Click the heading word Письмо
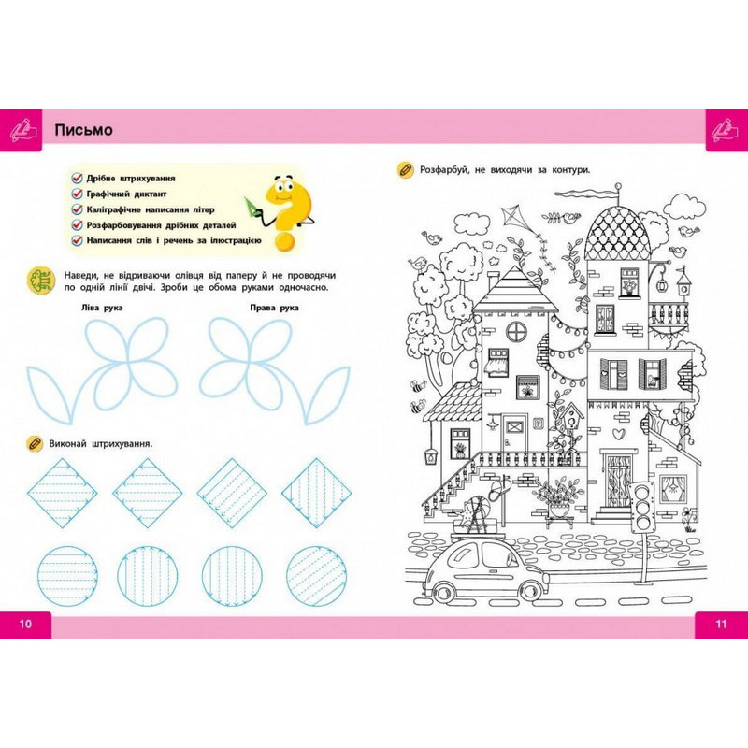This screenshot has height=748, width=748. click(x=83, y=130)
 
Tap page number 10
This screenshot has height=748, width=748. click(x=25, y=624)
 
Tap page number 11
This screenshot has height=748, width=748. click(x=721, y=624)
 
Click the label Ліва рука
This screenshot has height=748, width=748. click(x=102, y=308)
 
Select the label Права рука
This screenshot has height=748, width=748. click(x=274, y=308)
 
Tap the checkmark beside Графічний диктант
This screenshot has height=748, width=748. click(x=78, y=194)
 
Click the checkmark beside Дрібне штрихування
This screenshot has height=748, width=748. click(x=78, y=178)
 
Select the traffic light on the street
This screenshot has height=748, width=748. click(x=641, y=507)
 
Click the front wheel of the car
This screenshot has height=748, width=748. click(x=530, y=591)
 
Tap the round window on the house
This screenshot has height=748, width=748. click(x=516, y=332)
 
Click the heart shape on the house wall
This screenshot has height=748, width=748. click(x=619, y=434)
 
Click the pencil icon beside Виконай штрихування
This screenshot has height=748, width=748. click(x=34, y=443)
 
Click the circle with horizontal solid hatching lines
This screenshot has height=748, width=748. click(x=67, y=576)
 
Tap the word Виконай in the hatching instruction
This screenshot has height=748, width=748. click(x=67, y=443)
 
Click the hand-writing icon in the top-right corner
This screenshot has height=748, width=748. click(x=726, y=130)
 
